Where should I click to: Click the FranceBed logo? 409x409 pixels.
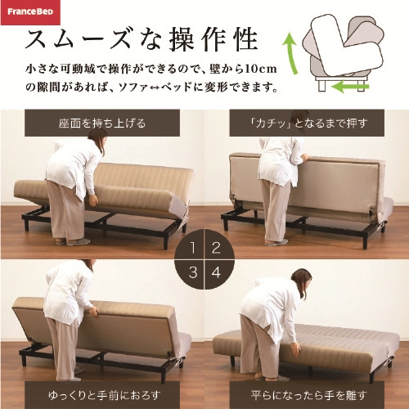pyautogui.click(x=30, y=12)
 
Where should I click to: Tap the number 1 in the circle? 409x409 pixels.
pyautogui.click(x=193, y=248)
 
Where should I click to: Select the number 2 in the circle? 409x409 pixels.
pyautogui.click(x=216, y=248)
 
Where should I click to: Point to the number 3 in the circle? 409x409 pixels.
pyautogui.click(x=193, y=272)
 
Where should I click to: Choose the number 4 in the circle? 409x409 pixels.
pyautogui.click(x=216, y=272)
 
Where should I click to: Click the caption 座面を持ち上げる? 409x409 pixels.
pyautogui.click(x=102, y=124)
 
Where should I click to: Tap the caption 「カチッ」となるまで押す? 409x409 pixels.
pyautogui.click(x=308, y=124)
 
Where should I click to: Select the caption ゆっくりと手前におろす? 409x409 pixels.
pyautogui.click(x=104, y=395)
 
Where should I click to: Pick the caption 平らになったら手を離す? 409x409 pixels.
pyautogui.click(x=308, y=395)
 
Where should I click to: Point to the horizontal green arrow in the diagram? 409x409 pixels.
pyautogui.click(x=350, y=87)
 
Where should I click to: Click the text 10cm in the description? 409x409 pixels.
pyautogui.click(x=260, y=69)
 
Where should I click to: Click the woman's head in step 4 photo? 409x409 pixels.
pyautogui.click(x=302, y=281)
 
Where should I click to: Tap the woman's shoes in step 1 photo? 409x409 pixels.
pyautogui.click(x=73, y=241)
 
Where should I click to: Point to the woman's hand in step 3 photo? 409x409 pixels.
pyautogui.click(x=94, y=312)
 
